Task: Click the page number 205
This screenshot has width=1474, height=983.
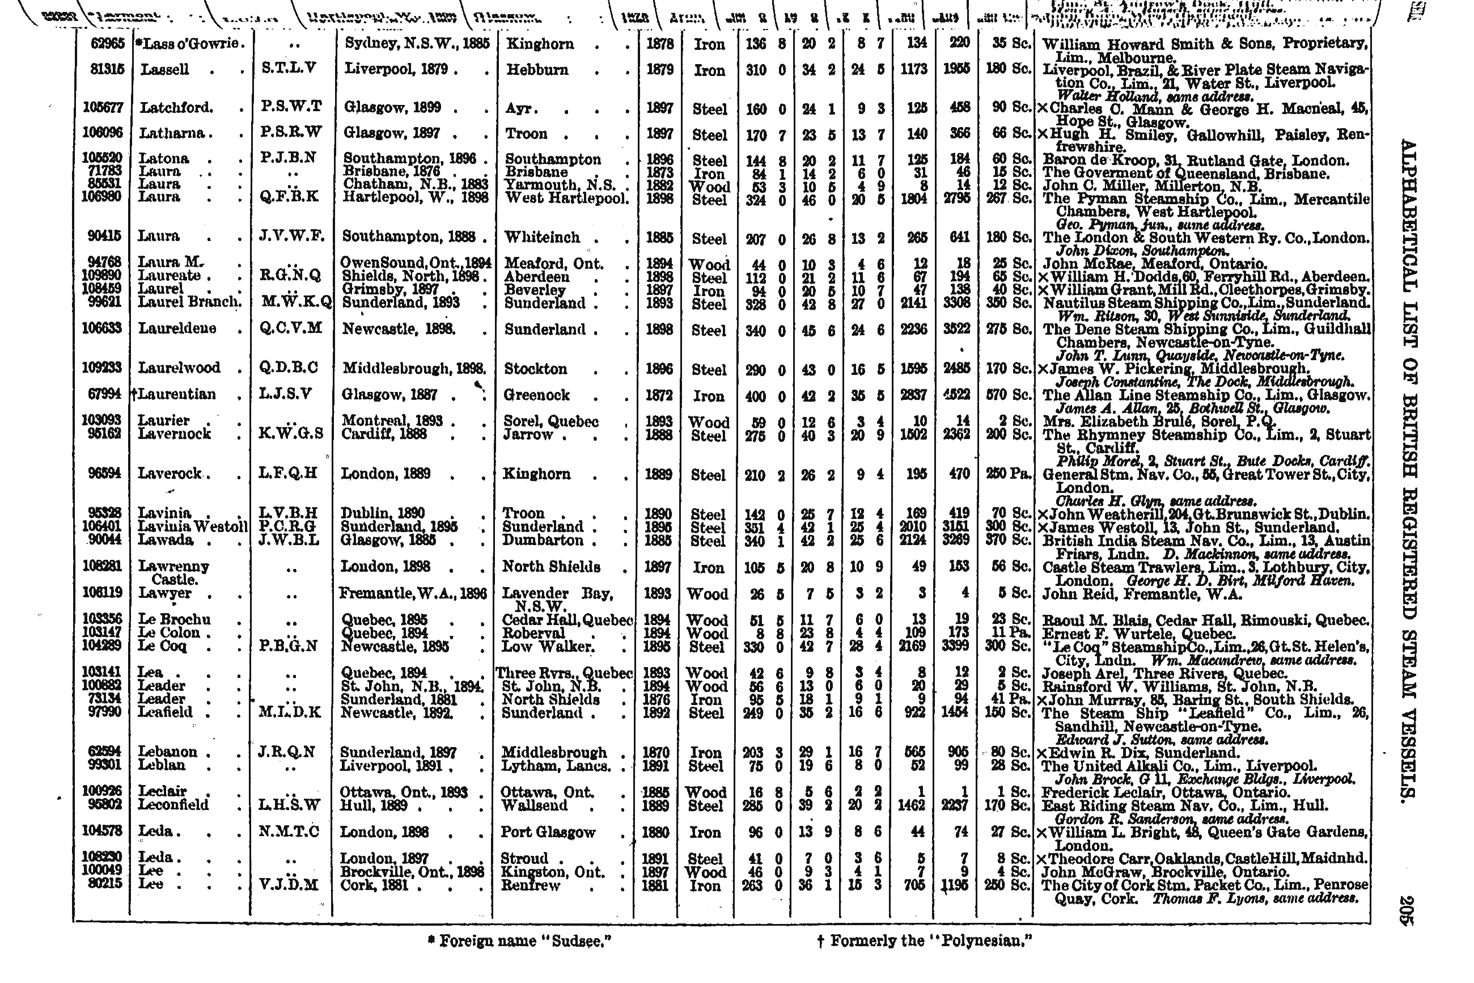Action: click(x=1405, y=910)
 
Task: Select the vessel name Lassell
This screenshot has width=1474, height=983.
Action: click(x=164, y=70)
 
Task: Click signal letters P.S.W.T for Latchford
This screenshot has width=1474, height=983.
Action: click(x=291, y=107)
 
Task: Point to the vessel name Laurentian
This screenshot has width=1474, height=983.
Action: click(x=177, y=394)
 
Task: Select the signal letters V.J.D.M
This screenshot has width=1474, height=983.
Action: click(x=289, y=884)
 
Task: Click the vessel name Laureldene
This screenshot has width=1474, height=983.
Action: click(x=177, y=328)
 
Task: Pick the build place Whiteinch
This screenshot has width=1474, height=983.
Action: click(x=543, y=237)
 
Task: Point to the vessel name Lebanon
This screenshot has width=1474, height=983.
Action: click(x=167, y=752)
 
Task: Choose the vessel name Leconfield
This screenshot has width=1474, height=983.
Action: click(x=173, y=804)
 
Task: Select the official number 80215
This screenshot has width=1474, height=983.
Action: click(x=107, y=884)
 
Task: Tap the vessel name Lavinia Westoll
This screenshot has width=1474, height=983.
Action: click(x=192, y=526)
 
